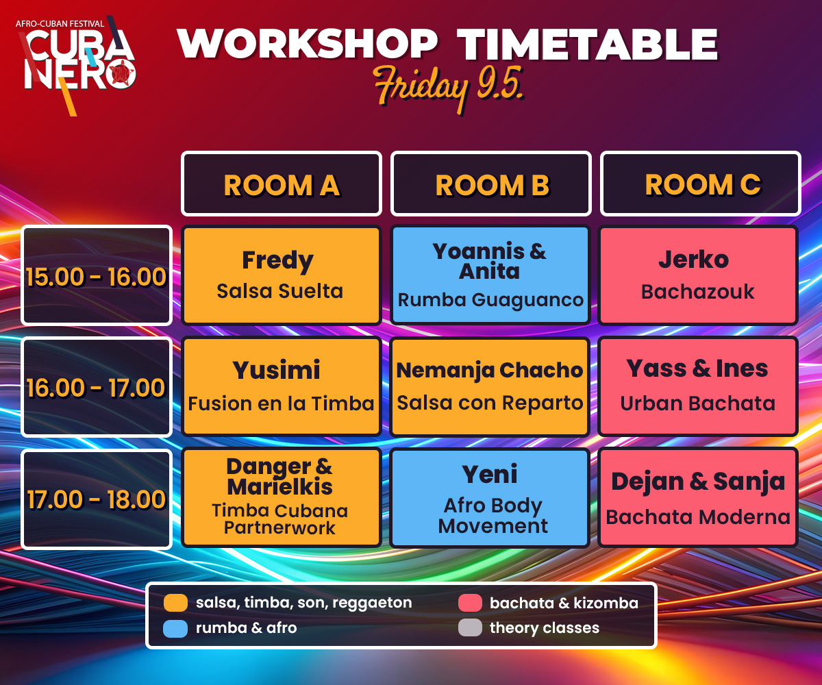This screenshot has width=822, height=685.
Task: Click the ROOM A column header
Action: [x=282, y=184]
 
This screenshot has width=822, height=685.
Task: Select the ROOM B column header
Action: [x=491, y=184]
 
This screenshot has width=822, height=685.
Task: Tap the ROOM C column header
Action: [x=700, y=184]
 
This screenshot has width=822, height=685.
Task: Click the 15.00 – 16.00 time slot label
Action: [x=97, y=275]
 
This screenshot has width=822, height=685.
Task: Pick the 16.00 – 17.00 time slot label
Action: [x=97, y=386]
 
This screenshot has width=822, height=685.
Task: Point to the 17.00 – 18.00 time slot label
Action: [x=97, y=499]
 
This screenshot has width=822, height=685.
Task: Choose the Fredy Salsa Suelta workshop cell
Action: [x=282, y=275]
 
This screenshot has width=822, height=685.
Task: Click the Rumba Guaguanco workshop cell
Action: [x=490, y=275]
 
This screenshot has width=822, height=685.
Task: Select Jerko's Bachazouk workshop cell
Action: [x=698, y=275]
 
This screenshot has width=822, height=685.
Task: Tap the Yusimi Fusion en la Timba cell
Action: [x=282, y=386]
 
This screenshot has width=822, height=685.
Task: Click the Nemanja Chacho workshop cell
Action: [x=490, y=386]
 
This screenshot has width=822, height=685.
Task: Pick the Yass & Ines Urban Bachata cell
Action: [x=698, y=386]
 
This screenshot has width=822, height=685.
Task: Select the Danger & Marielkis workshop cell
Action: [x=282, y=497]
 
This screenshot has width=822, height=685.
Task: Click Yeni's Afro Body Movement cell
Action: [x=490, y=497]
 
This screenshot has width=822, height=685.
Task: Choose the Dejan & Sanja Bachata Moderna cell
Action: [x=698, y=497]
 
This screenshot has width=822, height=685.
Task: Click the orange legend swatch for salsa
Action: [x=175, y=603]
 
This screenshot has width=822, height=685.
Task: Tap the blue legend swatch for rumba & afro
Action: [x=175, y=628]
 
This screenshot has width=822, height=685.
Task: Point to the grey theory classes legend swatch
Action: [x=470, y=627]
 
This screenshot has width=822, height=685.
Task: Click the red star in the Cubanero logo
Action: [x=122, y=73]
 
